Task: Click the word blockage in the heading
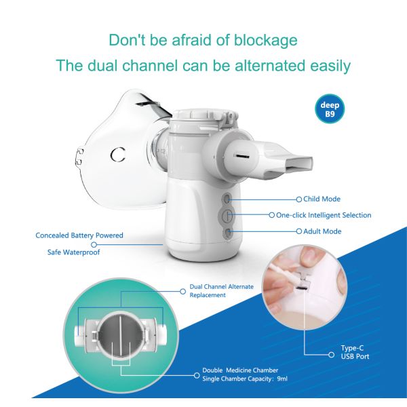coord(265,40)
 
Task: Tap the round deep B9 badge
coord(330,109)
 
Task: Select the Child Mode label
coord(322,199)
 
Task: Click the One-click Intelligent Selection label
coord(324,215)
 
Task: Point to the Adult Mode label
coord(322,231)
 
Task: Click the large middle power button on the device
coord(227,215)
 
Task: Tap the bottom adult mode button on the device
coord(228,233)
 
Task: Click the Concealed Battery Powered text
coord(79,235)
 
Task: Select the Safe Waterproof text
coord(74,252)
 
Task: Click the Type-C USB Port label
coord(355,352)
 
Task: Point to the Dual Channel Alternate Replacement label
coord(222,291)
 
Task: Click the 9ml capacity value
coord(282,379)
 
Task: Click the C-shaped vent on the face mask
coord(117,155)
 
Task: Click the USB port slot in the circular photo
coord(301,289)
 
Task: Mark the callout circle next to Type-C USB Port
coord(331,355)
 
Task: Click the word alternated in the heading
coord(271,65)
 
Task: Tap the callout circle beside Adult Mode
coord(299,231)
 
